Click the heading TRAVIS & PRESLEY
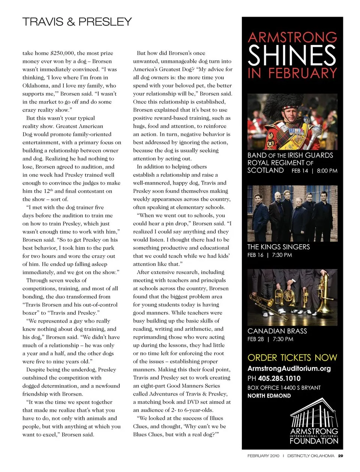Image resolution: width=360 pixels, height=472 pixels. tap(77, 22)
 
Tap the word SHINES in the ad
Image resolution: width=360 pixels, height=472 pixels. tap(292, 55)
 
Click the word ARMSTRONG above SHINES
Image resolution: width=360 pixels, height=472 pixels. tap(292, 37)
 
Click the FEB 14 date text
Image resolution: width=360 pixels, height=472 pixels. tap(300, 171)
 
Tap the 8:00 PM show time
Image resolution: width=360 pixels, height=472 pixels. tap(327, 171)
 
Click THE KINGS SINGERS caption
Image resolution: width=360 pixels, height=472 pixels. tap(279, 247)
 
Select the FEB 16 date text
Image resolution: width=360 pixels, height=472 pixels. tap(255, 255)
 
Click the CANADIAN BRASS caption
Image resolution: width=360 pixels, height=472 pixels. tap(277, 331)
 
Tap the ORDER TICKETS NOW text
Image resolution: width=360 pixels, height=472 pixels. tap(292, 358)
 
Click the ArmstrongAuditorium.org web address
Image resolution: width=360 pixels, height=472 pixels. tap(289, 369)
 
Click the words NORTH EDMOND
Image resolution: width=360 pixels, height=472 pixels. tap(269, 396)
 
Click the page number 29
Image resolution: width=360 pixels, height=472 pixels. tap(340, 456)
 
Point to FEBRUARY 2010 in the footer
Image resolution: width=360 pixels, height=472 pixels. tap(263, 456)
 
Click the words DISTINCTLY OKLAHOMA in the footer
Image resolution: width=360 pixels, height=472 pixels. tap(310, 456)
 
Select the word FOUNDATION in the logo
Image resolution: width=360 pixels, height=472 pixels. tap(314, 441)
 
